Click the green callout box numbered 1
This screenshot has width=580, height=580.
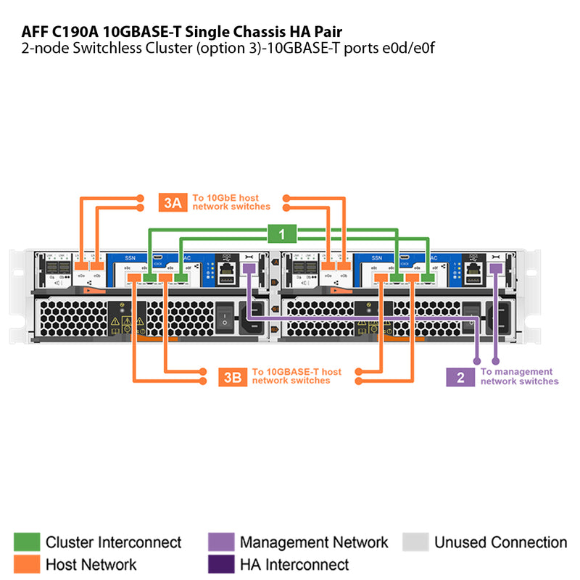pos(282,233)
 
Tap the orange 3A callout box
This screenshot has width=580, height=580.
pos(173,202)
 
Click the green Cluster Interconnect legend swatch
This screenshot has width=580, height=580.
pos(26,542)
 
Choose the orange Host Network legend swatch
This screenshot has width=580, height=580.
pos(26,564)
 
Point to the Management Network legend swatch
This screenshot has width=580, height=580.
pos(220,542)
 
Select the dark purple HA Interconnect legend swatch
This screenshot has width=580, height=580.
pos(220,564)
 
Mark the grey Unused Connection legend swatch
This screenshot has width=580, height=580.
pos(415,542)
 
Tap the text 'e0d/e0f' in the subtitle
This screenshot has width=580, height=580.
pos(408,48)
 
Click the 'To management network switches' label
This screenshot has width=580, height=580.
pos(519,376)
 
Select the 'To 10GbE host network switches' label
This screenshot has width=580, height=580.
pos(231,202)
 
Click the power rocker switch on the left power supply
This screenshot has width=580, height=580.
pos(225,316)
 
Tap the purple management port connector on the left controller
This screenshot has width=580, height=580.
pos(249,269)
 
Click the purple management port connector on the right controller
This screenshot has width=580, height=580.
pos(496,269)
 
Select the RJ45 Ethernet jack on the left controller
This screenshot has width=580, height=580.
pos(225,274)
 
